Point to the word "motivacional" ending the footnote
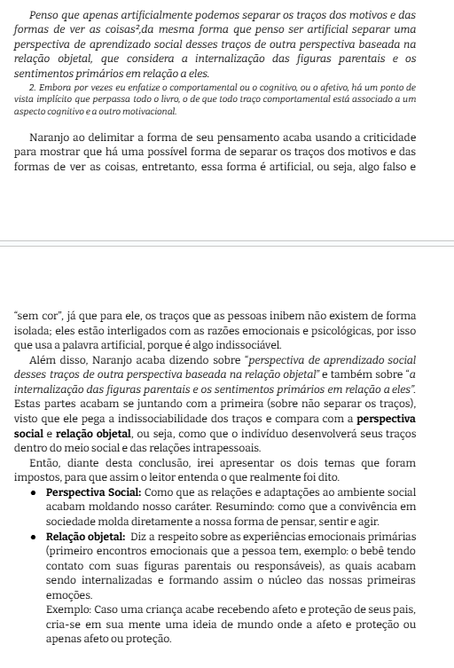click(147, 112)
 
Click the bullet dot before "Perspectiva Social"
click(33, 491)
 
